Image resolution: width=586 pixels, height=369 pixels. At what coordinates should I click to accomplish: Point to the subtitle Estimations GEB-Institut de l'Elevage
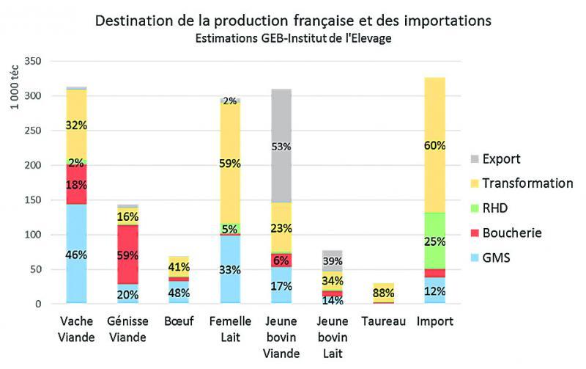292,38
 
